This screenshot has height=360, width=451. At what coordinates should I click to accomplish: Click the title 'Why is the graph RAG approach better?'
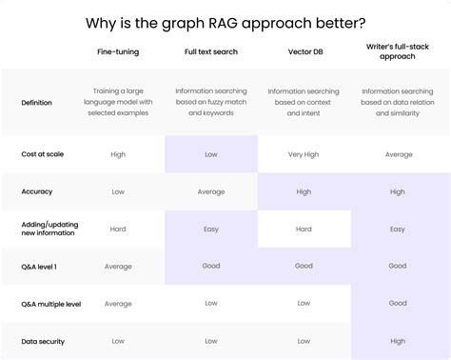[225, 22]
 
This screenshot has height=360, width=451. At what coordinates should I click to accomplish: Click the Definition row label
[36, 102]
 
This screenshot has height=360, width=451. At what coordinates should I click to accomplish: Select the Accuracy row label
[36, 191]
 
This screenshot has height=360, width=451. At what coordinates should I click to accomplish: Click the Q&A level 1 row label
[39, 266]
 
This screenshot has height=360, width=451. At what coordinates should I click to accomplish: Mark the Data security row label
[41, 340]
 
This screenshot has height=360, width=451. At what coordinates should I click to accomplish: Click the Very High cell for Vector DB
[304, 154]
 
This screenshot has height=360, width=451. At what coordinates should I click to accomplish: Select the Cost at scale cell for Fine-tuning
[118, 154]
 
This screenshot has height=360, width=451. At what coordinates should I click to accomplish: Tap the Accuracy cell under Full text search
[210, 191]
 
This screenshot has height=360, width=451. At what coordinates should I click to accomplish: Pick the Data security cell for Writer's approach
[397, 341]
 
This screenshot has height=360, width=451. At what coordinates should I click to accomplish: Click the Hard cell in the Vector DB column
[304, 229]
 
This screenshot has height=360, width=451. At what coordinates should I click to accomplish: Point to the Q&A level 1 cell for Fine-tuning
[118, 266]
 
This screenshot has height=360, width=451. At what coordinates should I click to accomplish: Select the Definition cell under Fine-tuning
[118, 102]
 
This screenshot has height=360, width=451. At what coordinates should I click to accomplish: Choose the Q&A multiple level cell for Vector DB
[304, 304]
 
